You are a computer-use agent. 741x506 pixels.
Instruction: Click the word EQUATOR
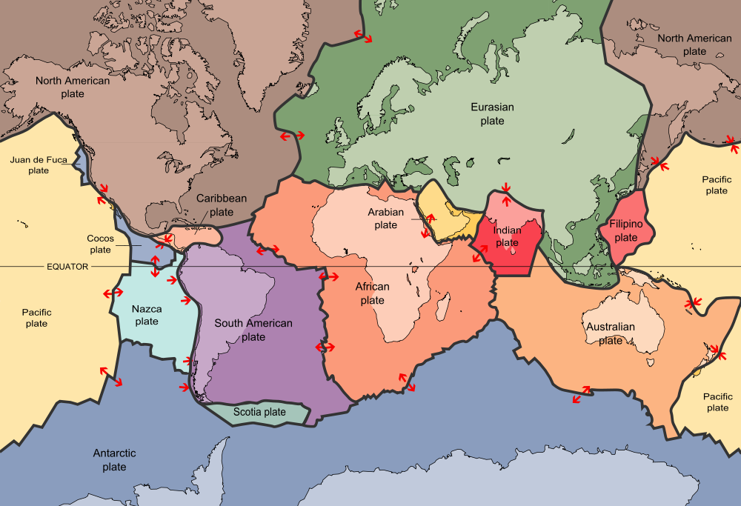click(x=67, y=267)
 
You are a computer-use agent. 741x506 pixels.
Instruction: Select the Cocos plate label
click(x=99, y=244)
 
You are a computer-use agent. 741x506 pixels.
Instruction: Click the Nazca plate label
click(x=147, y=315)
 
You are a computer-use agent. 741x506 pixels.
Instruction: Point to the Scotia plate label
click(x=259, y=412)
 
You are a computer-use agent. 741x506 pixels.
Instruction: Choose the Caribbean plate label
click(x=221, y=205)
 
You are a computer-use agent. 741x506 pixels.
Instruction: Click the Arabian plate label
click(x=386, y=219)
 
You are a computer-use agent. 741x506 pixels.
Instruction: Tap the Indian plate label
click(x=508, y=236)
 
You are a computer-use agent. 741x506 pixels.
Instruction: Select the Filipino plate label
click(x=625, y=230)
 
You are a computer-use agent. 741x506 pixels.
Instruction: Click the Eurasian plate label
click(x=492, y=114)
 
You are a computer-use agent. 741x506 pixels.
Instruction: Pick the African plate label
click(x=372, y=293)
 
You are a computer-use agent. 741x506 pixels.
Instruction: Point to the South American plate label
click(x=253, y=330)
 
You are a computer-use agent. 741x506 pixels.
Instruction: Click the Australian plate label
click(x=610, y=333)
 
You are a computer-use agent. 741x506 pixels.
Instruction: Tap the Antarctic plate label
click(x=114, y=460)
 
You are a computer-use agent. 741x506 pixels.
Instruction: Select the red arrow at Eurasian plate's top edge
click(x=363, y=35)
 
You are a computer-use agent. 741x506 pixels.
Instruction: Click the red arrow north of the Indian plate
click(x=506, y=196)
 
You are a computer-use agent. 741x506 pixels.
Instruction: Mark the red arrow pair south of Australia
click(x=581, y=395)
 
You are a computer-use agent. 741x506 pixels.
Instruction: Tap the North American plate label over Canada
click(x=73, y=87)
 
